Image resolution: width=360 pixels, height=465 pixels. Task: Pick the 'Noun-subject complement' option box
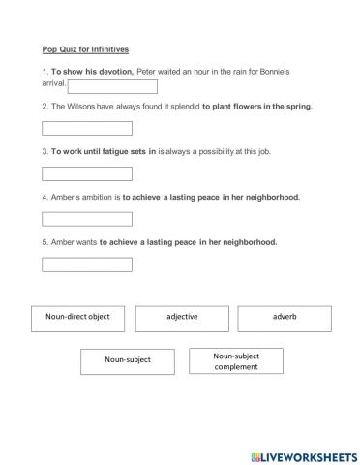(x=236, y=360)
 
